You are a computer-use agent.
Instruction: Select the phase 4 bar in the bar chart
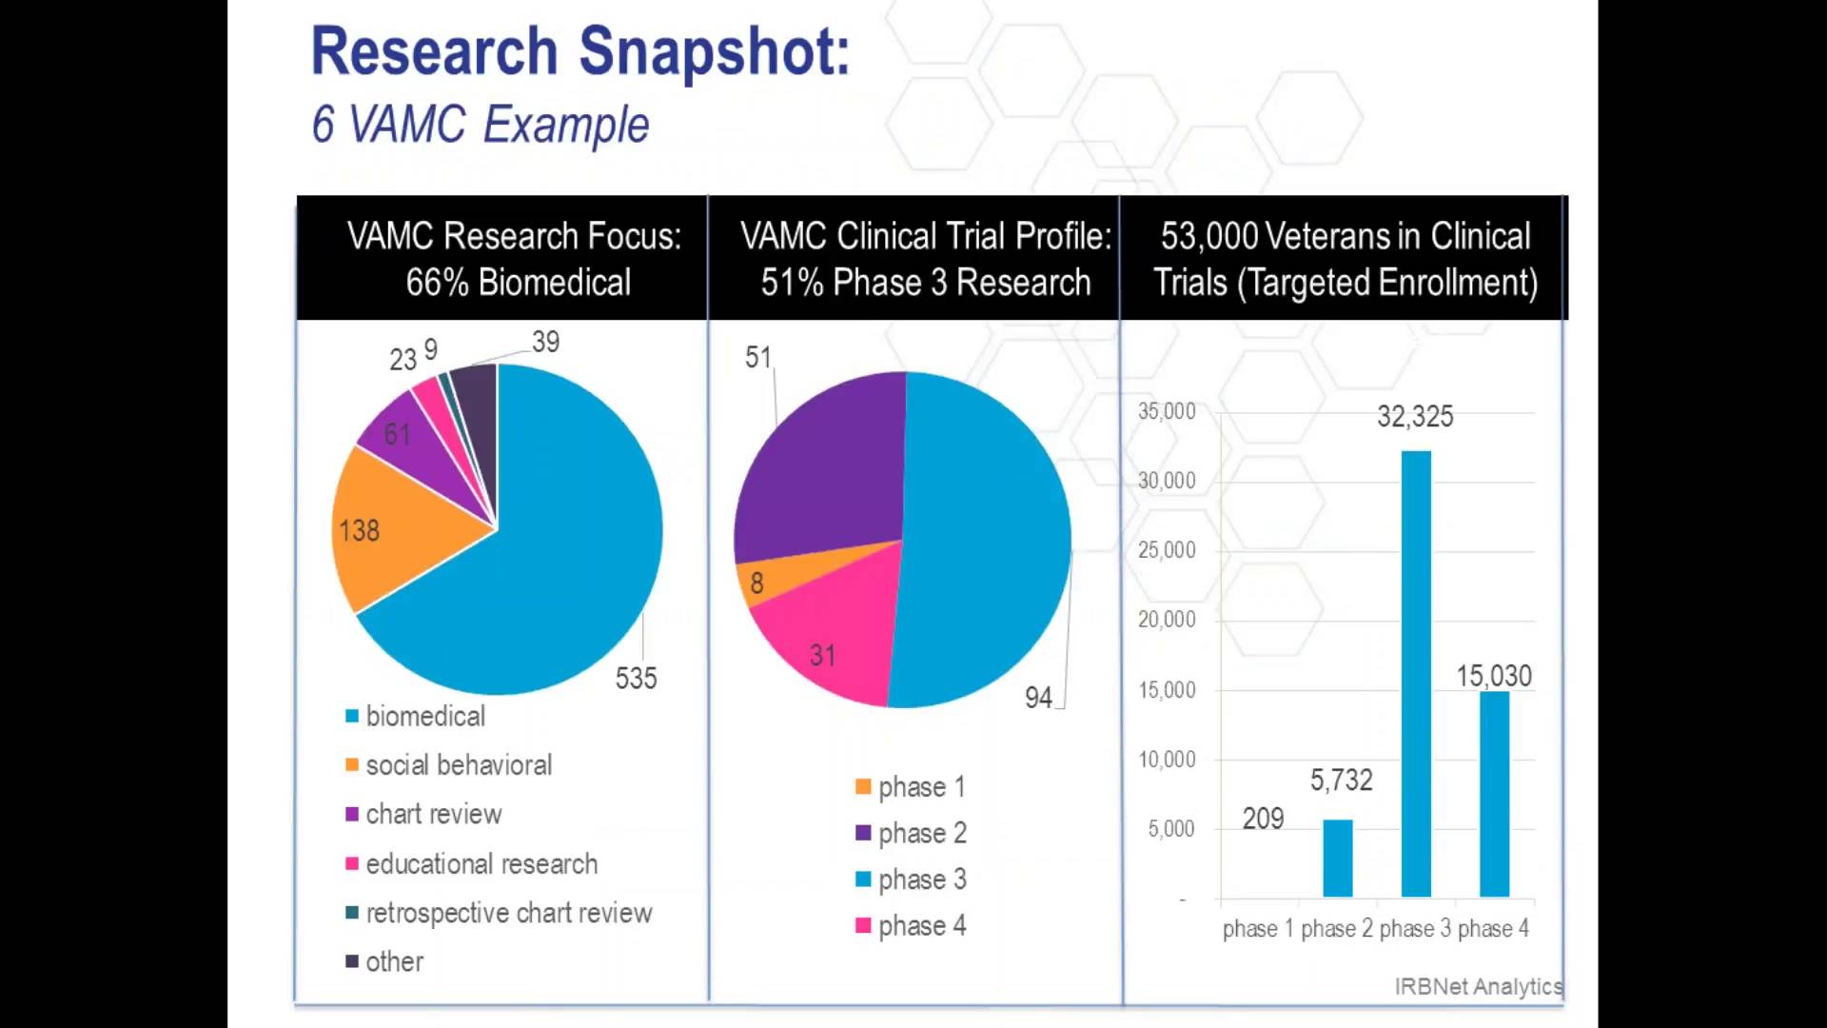coord(1494,794)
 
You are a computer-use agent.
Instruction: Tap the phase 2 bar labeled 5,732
coord(1337,858)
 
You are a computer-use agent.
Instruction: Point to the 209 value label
coord(1263,819)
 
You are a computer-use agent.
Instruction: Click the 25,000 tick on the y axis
coord(1167,550)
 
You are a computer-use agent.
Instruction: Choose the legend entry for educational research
coord(481,864)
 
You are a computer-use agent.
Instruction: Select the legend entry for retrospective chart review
coord(508,913)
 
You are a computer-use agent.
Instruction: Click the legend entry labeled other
coord(394,961)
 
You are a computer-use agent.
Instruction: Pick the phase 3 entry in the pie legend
coord(921,880)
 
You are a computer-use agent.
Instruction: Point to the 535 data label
coord(636,678)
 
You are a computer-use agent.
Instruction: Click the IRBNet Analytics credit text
coord(1478,986)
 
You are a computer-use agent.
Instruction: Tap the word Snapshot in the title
coord(714,51)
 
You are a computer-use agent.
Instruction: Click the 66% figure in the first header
coord(437,283)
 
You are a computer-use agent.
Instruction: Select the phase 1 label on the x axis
coord(1249,928)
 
